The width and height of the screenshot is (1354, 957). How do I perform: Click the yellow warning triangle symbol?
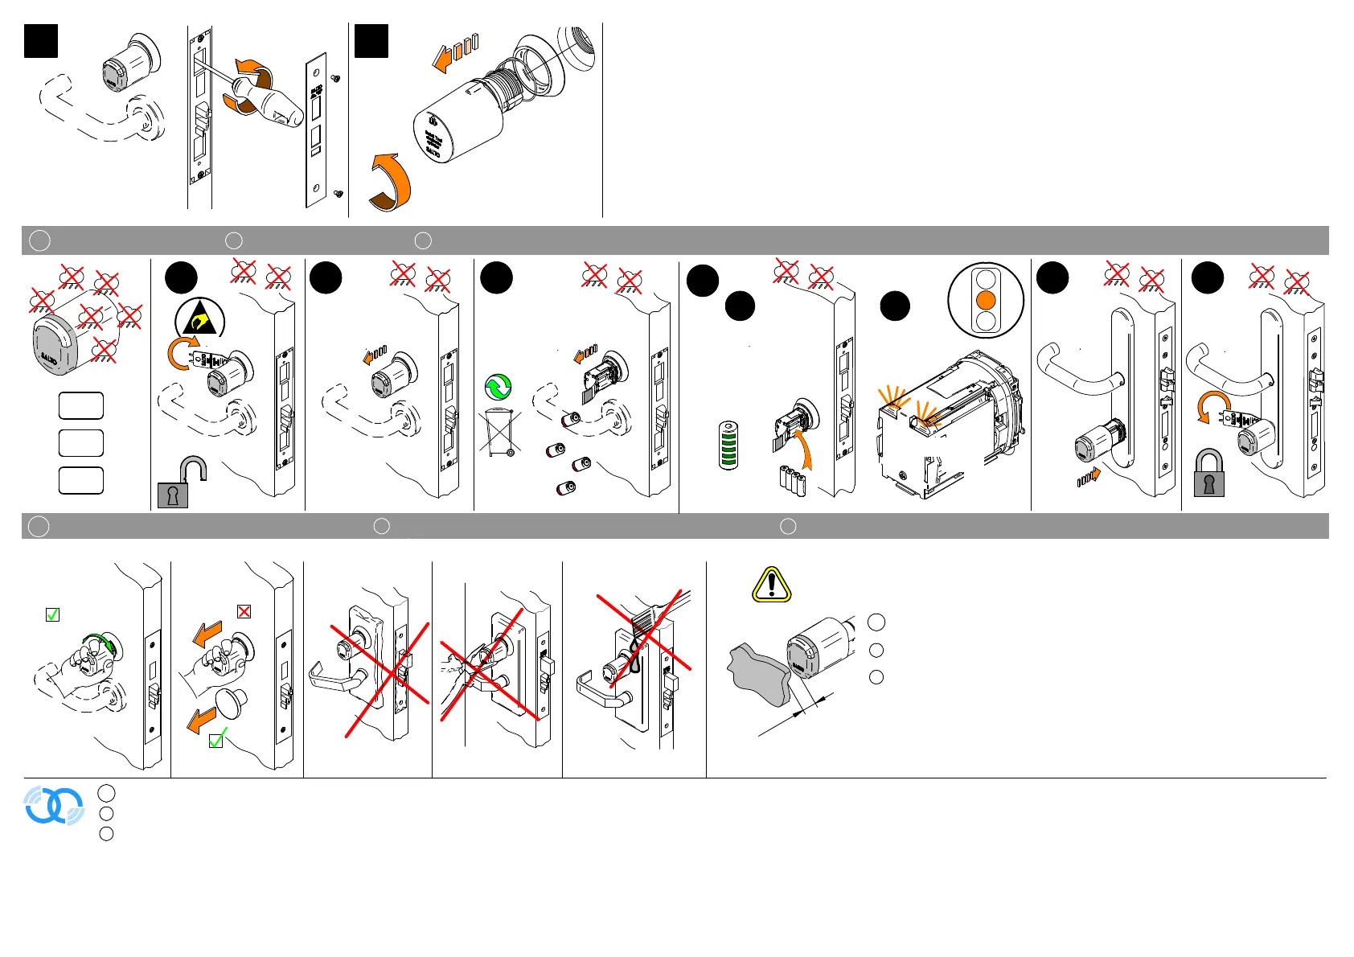pos(772,585)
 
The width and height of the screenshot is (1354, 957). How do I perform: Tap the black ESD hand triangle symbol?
pos(199,323)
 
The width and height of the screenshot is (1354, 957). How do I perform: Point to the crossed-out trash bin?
pos(500,433)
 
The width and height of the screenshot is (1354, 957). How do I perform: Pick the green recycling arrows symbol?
pos(499,387)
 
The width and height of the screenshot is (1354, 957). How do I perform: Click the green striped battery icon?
pos(728,446)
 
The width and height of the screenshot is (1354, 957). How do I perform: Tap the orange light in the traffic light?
pos(986,301)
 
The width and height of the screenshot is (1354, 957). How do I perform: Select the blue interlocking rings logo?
pos(54,805)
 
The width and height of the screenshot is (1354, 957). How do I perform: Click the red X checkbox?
pos(244,611)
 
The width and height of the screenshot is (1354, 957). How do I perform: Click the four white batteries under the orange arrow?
pos(791,480)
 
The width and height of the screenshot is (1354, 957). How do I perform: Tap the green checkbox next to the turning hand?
pos(52,614)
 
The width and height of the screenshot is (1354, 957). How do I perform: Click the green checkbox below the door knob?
pos(216,740)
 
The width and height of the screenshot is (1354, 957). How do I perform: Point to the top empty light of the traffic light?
pos(986,279)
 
